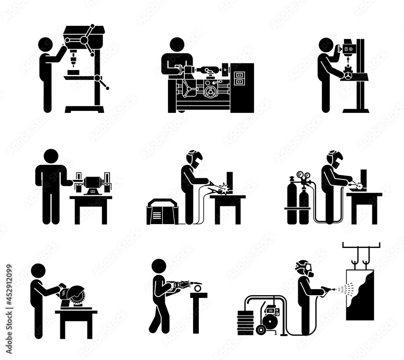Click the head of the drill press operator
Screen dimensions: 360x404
click(x=45, y=45)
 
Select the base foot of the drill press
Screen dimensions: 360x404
click(x=84, y=109)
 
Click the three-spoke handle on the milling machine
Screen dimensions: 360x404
click(x=347, y=76)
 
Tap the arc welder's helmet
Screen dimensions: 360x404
click(x=194, y=158)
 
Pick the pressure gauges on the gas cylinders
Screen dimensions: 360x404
click(x=303, y=176)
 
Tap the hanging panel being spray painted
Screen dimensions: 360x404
click(x=360, y=294)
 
